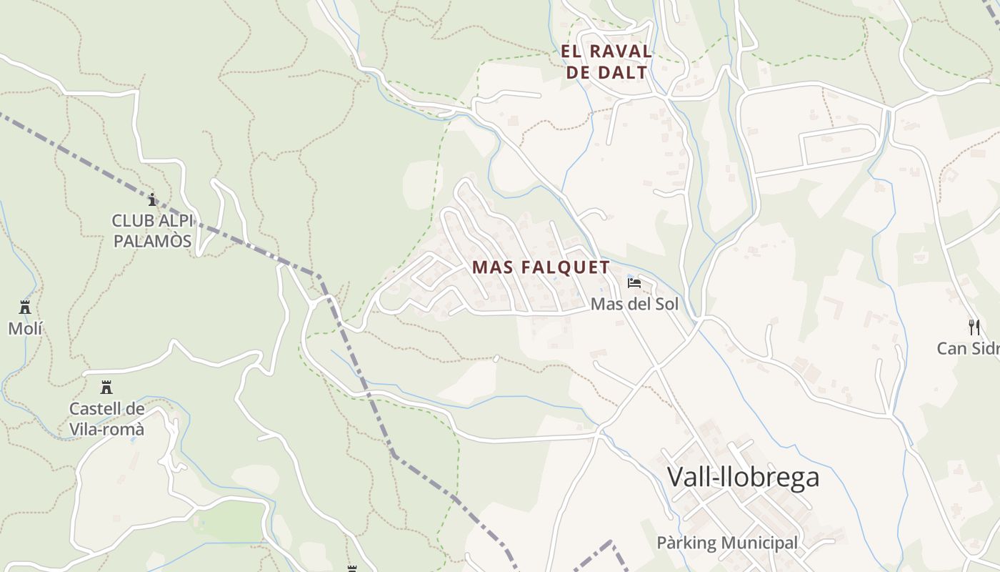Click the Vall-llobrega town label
coord(743,477)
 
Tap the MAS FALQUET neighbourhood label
coord(541,267)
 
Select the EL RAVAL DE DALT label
coord(606,61)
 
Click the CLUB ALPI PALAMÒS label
coord(152,231)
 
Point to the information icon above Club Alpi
coord(151,199)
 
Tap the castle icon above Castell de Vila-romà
coord(106,388)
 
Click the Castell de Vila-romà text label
coord(106,419)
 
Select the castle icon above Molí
coord(25,307)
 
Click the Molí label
coord(25,328)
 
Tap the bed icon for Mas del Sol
coord(634,283)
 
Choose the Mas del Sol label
coord(634,304)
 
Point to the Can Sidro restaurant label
coord(968,348)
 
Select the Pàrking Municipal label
coord(726,543)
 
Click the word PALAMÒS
coord(152,241)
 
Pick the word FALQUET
coord(565,267)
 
